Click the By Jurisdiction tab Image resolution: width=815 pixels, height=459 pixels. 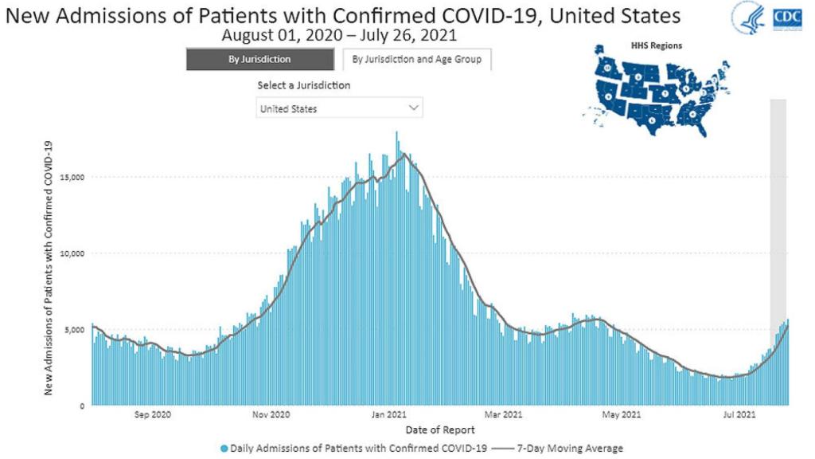pyautogui.click(x=260, y=60)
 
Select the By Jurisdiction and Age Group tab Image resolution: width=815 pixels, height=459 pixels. pyautogui.click(x=417, y=60)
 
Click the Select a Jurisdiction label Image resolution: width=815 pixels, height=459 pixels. pyautogui.click(x=304, y=85)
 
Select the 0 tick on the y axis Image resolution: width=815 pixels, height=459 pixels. pyautogui.click(x=82, y=406)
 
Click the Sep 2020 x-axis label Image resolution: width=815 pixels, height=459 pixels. pyautogui.click(x=153, y=414)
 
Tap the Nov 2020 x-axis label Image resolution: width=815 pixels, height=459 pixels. pyautogui.click(x=271, y=414)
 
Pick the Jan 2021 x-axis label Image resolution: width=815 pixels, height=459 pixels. pyautogui.click(x=389, y=414)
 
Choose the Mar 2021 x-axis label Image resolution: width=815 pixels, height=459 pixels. pyautogui.click(x=504, y=414)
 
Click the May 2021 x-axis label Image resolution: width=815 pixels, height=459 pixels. pyautogui.click(x=622, y=414)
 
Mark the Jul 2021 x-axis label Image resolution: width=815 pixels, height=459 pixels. pyautogui.click(x=739, y=414)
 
